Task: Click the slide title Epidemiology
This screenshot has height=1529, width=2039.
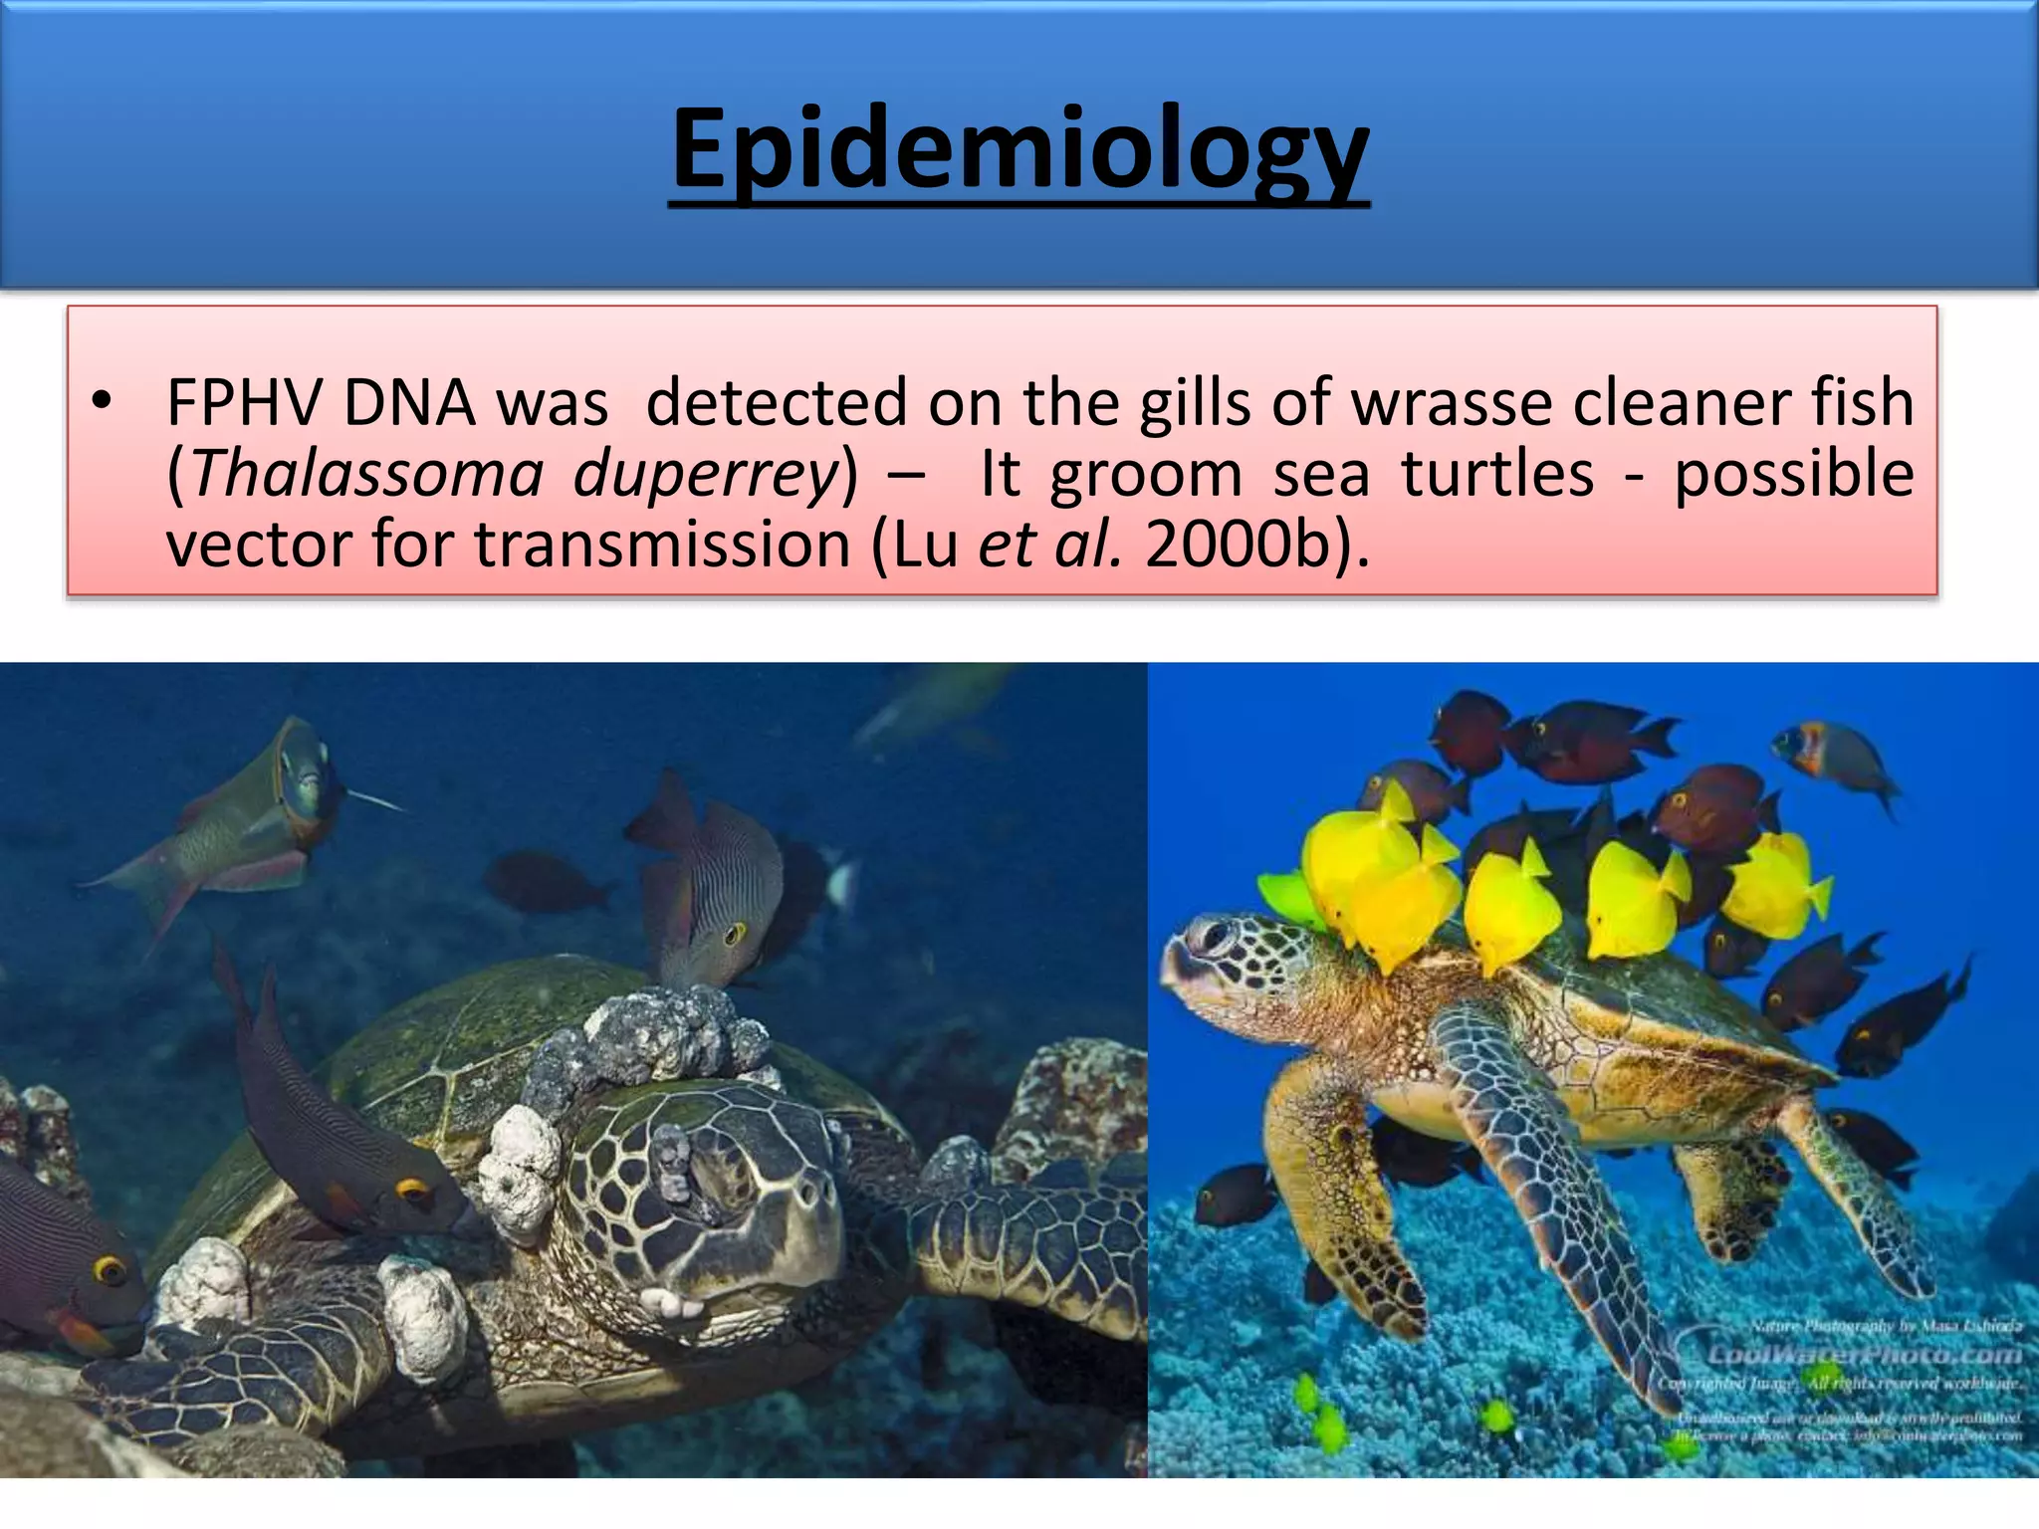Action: pyautogui.click(x=1019, y=149)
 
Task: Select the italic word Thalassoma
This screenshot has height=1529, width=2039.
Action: pyautogui.click(x=366, y=474)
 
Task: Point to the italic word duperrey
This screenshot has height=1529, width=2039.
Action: pyautogui.click(x=707, y=474)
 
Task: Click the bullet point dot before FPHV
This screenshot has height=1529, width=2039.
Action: pyautogui.click(x=100, y=402)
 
